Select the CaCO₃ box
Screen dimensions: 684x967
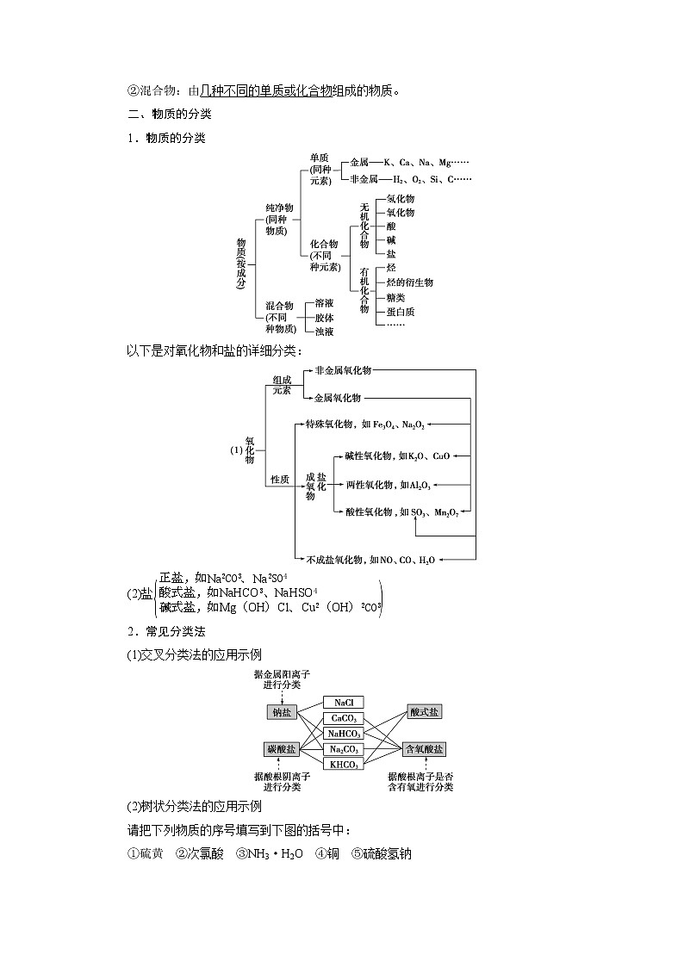(343, 718)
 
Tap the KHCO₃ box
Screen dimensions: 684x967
(343, 763)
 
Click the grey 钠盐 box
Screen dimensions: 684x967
(282, 712)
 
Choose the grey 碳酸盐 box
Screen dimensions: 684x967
(282, 749)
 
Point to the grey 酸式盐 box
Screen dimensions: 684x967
(424, 712)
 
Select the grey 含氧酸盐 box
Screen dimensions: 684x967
(424, 749)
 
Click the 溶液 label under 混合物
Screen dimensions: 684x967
(324, 303)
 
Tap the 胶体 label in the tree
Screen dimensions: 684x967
(324, 318)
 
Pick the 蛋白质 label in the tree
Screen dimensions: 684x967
(401, 312)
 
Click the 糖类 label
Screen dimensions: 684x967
(396, 297)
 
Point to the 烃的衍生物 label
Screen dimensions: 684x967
(410, 282)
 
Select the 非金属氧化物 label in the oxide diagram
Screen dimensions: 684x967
(343, 369)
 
